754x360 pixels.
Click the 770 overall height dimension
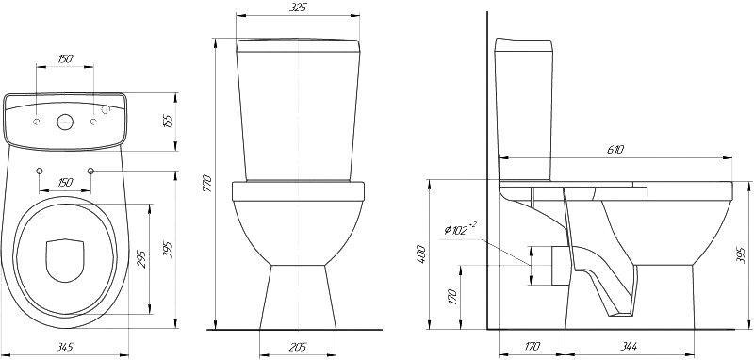pos(207,184)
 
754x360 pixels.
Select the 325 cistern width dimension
pos(298,8)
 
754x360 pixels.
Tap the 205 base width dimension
pos(298,347)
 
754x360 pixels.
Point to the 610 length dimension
pos(615,150)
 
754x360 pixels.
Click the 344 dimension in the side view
pos(629,346)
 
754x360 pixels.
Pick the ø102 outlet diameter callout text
pos(460,228)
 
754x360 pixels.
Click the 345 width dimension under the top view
pos(65,347)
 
